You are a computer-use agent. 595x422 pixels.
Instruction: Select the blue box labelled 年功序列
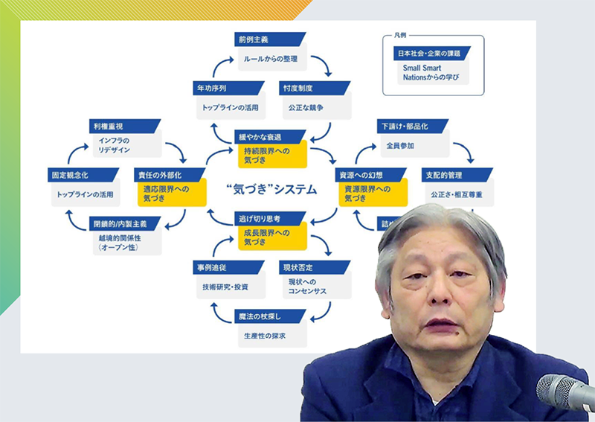pyautogui.click(x=216, y=88)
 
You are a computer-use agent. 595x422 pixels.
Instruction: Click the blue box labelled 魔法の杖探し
pyautogui.click(x=264, y=316)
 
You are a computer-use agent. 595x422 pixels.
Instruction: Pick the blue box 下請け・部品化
pyautogui.click(x=406, y=125)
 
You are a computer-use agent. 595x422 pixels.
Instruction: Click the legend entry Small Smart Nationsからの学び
pyautogui.click(x=428, y=73)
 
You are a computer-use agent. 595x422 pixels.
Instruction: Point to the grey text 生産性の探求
pyautogui.click(x=264, y=336)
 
